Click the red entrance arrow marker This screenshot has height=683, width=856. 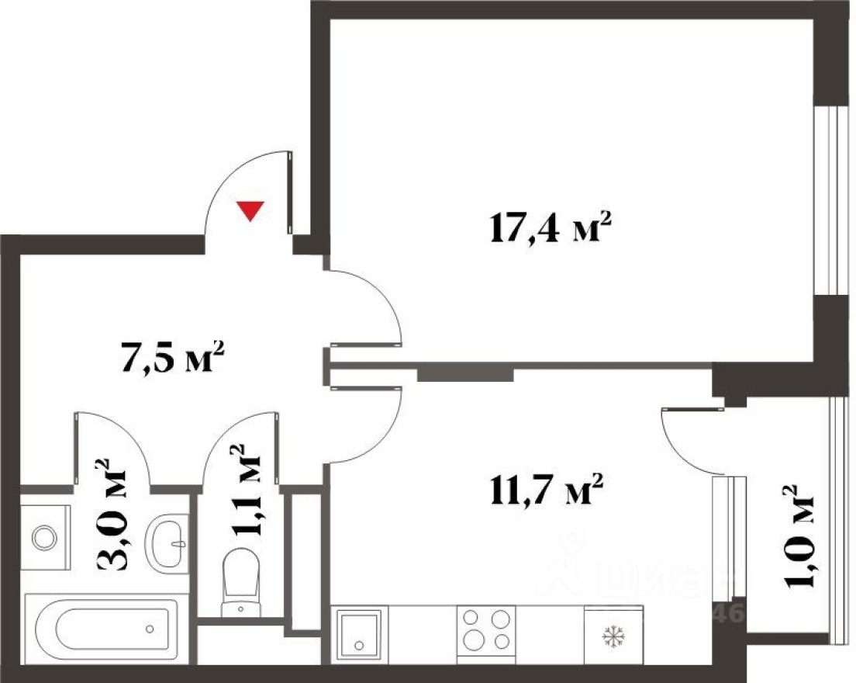[x=250, y=210]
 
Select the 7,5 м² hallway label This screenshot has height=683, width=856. [x=172, y=361]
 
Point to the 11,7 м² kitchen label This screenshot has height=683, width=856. [x=546, y=491]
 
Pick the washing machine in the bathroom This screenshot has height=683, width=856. [x=44, y=536]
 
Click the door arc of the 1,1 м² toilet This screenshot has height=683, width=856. [x=225, y=442]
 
